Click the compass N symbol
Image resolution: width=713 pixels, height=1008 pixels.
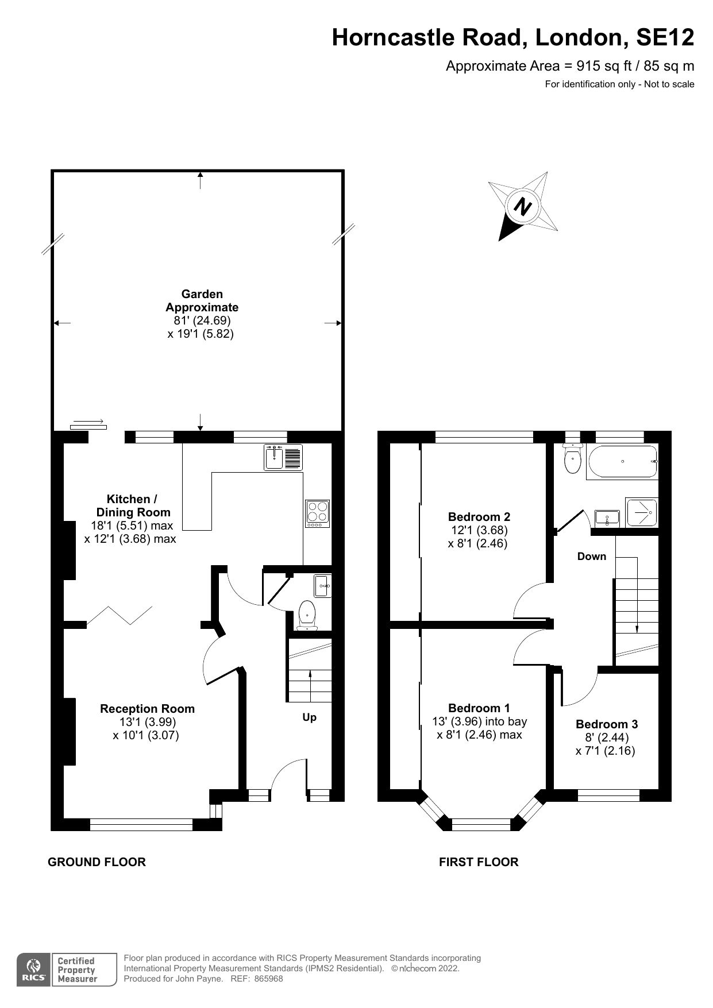(x=522, y=206)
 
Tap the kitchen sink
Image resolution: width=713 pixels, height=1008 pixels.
(x=283, y=457)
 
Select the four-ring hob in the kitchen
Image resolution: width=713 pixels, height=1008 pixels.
(x=317, y=513)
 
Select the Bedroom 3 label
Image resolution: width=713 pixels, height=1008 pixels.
(x=606, y=724)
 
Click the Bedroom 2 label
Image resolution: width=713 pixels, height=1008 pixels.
(x=479, y=516)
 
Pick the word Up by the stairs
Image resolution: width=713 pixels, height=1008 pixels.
(x=309, y=717)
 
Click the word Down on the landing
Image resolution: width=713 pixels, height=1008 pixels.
(x=591, y=556)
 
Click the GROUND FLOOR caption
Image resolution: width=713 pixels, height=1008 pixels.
(x=97, y=862)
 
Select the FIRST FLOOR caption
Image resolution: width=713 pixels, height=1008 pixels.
(x=478, y=862)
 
